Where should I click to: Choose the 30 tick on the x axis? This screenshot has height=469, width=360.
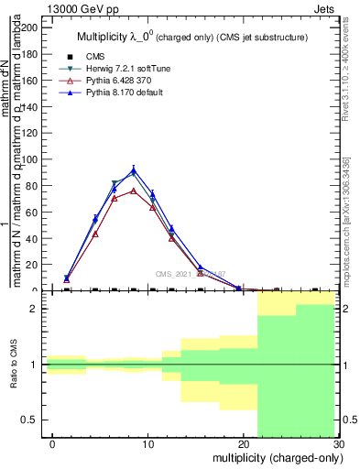[x=339, y=443]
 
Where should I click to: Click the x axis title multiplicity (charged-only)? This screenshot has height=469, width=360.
[x=275, y=457]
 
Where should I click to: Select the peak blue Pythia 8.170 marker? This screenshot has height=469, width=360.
[x=134, y=170]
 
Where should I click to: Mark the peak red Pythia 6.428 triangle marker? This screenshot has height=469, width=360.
[x=134, y=191]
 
